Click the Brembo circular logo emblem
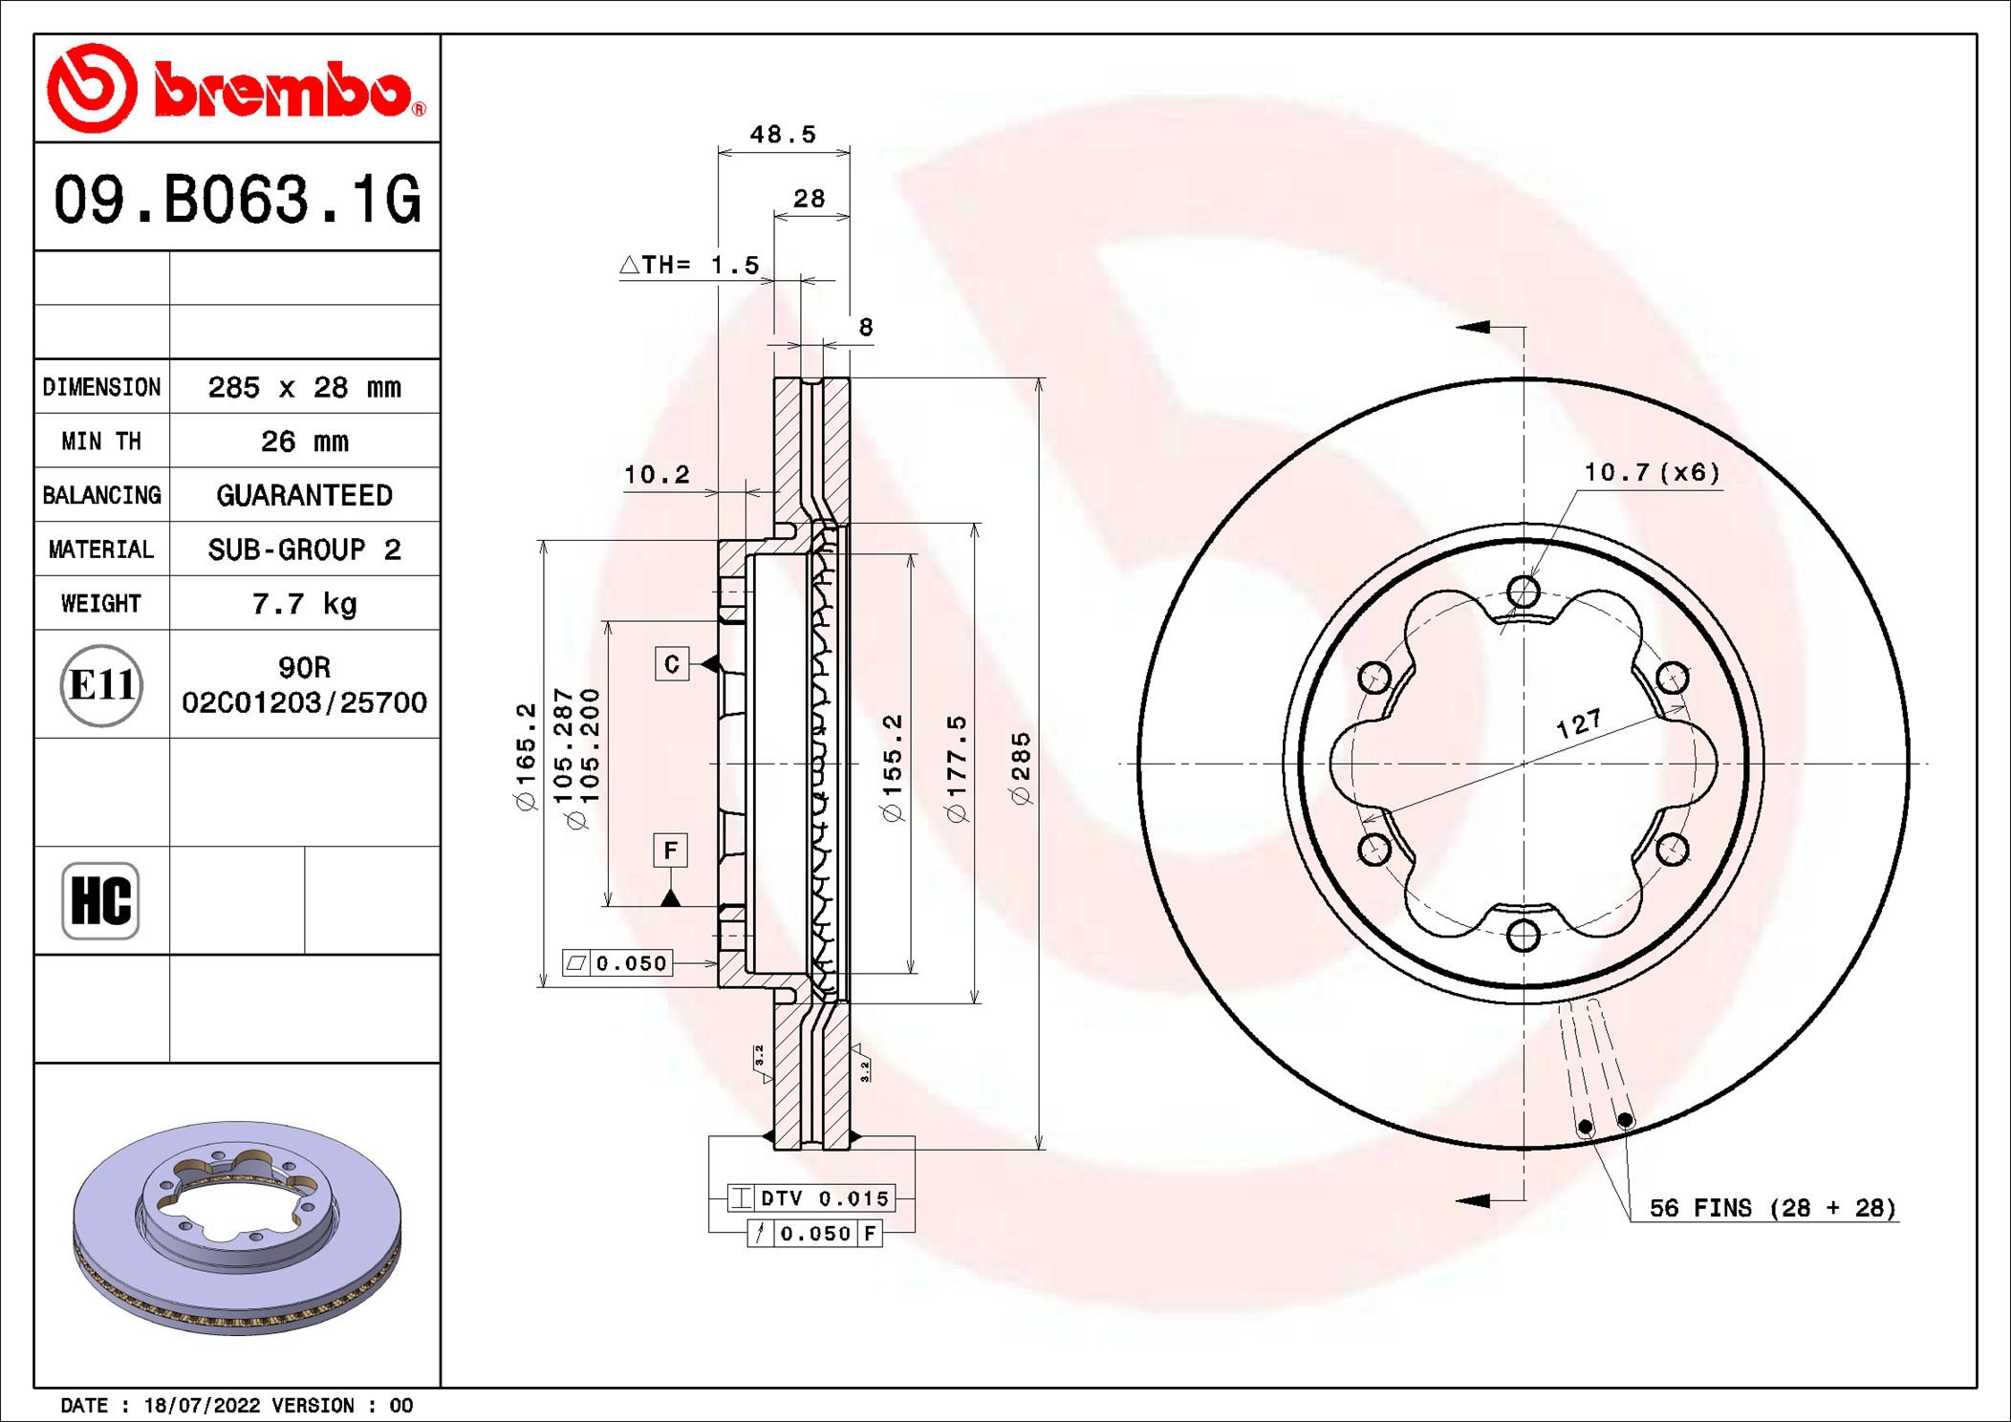(x=93, y=88)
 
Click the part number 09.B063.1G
(x=237, y=200)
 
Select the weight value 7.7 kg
(x=304, y=604)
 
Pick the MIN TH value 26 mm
(x=304, y=442)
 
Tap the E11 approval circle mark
(x=101, y=685)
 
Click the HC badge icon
(x=100, y=900)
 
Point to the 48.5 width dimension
(x=783, y=135)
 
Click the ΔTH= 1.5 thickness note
(x=690, y=265)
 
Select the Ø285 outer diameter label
(x=1021, y=767)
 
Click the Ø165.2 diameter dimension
(x=526, y=756)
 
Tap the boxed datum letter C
(x=672, y=664)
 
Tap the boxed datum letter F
(x=670, y=850)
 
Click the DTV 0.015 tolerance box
(x=811, y=1198)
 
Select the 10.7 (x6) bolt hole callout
(x=1652, y=472)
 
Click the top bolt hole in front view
(x=1523, y=592)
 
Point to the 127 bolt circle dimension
(x=1578, y=723)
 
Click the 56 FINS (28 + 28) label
(x=1772, y=1208)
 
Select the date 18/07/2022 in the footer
(x=202, y=1405)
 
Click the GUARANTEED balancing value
(x=304, y=495)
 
